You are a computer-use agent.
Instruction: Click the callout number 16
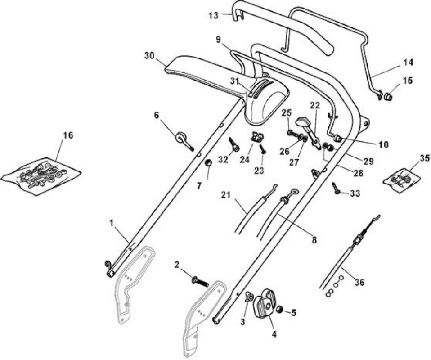(x=68, y=135)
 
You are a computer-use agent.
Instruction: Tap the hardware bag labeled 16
(x=40, y=176)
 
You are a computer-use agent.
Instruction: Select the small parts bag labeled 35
(x=402, y=180)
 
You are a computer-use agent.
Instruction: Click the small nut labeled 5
(x=279, y=310)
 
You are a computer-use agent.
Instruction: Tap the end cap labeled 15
(x=387, y=97)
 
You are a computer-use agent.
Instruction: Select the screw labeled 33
(x=337, y=189)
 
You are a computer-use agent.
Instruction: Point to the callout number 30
(x=149, y=55)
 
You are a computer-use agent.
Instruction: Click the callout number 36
(x=359, y=282)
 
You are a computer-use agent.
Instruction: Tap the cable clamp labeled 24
(x=257, y=137)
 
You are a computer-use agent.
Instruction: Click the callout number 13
(x=213, y=15)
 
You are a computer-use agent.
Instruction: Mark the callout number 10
(x=384, y=144)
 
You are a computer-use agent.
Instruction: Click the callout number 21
(x=226, y=195)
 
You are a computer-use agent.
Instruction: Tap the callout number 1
(x=111, y=223)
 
